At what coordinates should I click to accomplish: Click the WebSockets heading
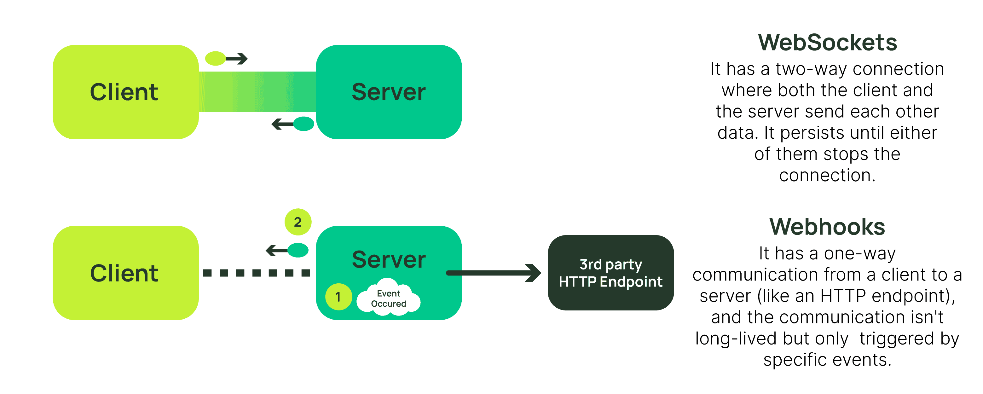point(827,42)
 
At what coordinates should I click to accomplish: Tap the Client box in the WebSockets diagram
point(125,92)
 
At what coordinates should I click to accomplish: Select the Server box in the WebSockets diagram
point(389,92)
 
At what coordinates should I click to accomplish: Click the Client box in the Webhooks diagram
point(125,273)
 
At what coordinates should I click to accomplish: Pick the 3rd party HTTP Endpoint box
point(610,273)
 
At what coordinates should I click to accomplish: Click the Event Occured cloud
point(389,298)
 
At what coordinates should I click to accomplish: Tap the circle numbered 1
point(338,297)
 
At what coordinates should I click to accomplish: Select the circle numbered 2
point(298,222)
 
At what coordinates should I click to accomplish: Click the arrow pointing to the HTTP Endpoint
point(494,273)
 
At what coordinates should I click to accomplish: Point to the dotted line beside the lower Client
point(257,273)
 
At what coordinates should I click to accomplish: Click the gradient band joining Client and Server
point(257,92)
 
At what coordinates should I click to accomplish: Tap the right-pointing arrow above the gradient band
point(237,59)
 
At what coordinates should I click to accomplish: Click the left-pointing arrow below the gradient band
point(282,124)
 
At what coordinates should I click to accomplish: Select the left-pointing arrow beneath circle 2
point(277,251)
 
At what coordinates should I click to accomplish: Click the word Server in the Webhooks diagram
point(389,260)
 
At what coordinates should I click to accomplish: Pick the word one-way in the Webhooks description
point(859,253)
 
